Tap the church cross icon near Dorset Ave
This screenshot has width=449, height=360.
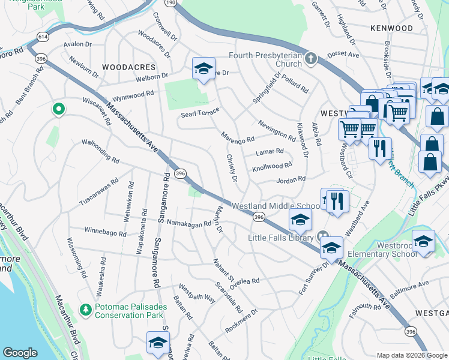[310, 59]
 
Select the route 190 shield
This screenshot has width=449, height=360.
[171, 3]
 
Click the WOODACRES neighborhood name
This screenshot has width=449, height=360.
[128, 67]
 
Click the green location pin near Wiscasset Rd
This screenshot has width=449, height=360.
[58, 109]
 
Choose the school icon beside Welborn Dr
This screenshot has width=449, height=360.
[203, 69]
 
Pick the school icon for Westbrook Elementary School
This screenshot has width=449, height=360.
[424, 242]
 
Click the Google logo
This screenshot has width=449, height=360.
[20, 353]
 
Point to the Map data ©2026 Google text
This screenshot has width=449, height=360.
[411, 355]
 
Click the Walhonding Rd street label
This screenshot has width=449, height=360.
[100, 152]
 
